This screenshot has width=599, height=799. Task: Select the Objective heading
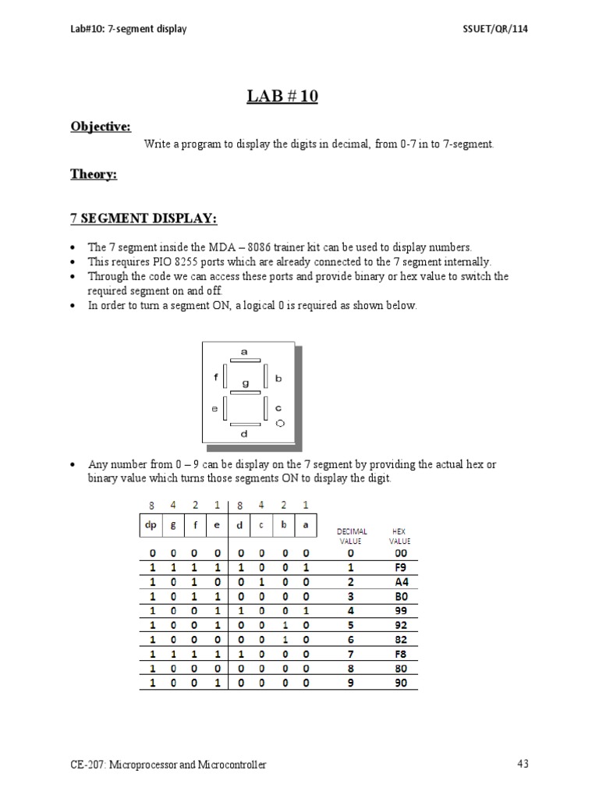pyautogui.click(x=101, y=126)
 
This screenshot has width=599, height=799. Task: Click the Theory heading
pyautogui.click(x=94, y=175)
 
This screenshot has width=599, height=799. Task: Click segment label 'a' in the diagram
pyautogui.click(x=244, y=352)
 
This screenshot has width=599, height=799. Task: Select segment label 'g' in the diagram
pyautogui.click(x=245, y=383)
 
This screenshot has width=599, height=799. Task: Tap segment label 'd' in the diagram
pyautogui.click(x=245, y=434)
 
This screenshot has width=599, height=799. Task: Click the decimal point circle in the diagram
pyautogui.click(x=280, y=423)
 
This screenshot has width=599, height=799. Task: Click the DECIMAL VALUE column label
pyautogui.click(x=352, y=536)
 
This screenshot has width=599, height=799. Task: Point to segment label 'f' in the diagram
pyautogui.click(x=216, y=377)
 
